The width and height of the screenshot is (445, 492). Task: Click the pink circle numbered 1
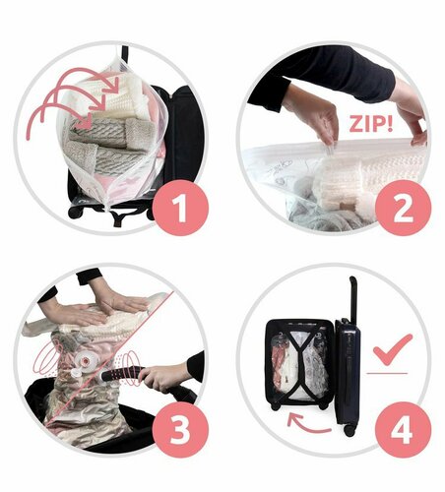(180, 208)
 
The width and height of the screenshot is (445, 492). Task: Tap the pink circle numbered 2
(403, 208)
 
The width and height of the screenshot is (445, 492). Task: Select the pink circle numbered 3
(180, 430)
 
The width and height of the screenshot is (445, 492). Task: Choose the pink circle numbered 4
(403, 430)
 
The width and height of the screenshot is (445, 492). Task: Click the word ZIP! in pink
(370, 123)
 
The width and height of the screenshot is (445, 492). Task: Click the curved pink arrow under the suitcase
(307, 424)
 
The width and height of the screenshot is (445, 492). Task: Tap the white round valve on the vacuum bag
(86, 361)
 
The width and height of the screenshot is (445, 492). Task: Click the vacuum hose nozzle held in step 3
(121, 375)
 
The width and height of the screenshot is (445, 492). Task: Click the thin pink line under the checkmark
(387, 373)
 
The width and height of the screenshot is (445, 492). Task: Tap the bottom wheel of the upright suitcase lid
(350, 431)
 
